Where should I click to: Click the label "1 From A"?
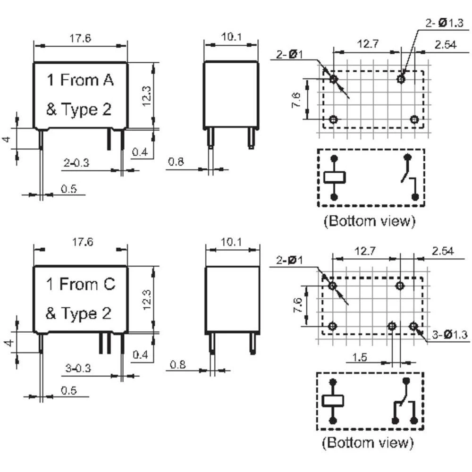(x=80, y=80)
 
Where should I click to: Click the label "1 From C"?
(x=81, y=284)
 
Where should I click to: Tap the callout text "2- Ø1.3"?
(x=444, y=23)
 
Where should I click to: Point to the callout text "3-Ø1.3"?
(x=449, y=334)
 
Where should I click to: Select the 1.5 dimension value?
(x=359, y=357)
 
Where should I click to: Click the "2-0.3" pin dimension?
(x=76, y=162)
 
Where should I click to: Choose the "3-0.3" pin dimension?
(x=78, y=368)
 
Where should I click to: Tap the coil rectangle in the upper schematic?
(x=335, y=177)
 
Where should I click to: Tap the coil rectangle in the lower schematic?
(x=333, y=401)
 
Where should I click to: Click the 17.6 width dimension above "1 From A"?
(x=80, y=38)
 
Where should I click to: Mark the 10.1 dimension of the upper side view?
(x=231, y=37)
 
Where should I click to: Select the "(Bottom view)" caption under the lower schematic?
(x=368, y=443)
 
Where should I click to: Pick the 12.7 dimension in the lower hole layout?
(x=365, y=251)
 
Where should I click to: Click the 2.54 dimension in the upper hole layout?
(x=446, y=44)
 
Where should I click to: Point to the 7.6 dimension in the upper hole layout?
(x=296, y=100)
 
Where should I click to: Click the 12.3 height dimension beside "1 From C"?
(x=147, y=300)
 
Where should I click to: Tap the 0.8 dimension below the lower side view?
(x=177, y=364)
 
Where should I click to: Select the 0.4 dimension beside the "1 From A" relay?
(x=140, y=152)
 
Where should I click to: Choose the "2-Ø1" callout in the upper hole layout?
(x=289, y=54)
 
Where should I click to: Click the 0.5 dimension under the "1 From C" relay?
(x=68, y=390)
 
